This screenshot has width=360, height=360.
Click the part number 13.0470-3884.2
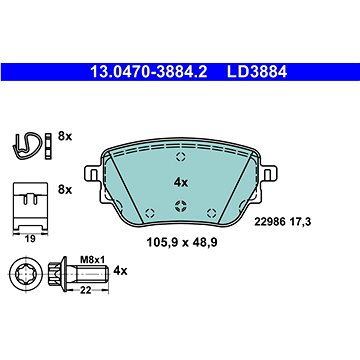[x=149, y=72]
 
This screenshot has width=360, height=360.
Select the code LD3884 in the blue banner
[x=257, y=72]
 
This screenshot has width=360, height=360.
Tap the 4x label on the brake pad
[x=181, y=183]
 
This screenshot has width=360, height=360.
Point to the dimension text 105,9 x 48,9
[x=182, y=243]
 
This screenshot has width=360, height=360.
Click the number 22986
[x=270, y=222]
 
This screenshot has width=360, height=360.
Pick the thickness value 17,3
[x=300, y=222]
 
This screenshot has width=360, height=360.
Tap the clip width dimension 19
[x=30, y=239]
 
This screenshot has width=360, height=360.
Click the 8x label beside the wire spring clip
[x=65, y=136]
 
